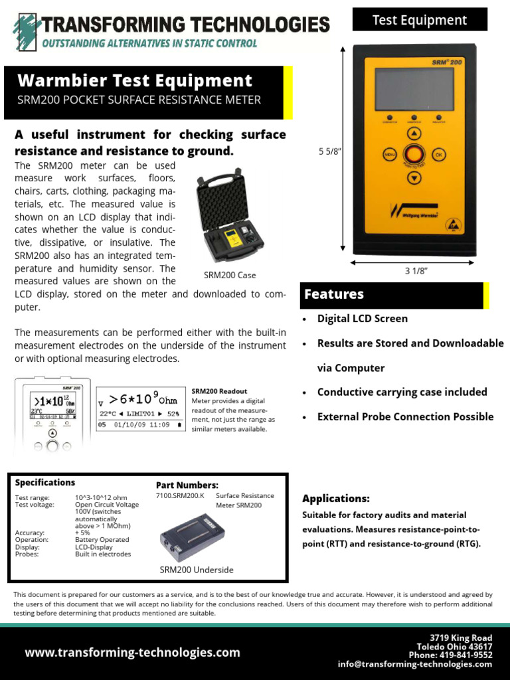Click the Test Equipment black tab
[x=420, y=20]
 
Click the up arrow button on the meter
[x=414, y=133]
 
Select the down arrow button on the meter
[x=414, y=177]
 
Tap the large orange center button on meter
[x=414, y=155]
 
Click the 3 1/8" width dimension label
[x=416, y=271]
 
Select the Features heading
[x=334, y=294]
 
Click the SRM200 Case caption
[x=229, y=275]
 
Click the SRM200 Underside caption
[x=197, y=570]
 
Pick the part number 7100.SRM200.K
[x=183, y=495]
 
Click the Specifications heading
[x=45, y=483]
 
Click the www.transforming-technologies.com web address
[x=133, y=653]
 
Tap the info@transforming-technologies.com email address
[x=415, y=663]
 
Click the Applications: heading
[x=336, y=499]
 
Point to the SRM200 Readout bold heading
[x=219, y=392]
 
